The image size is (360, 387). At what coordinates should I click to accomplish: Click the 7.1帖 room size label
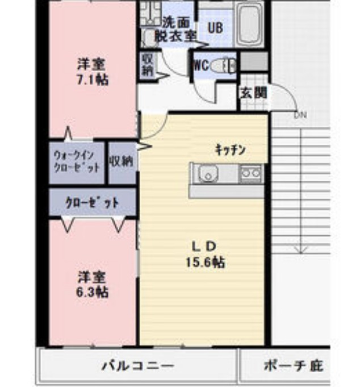click(92, 79)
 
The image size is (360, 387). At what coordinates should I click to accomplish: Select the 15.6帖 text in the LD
click(204, 263)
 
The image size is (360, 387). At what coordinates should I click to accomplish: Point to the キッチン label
click(230, 149)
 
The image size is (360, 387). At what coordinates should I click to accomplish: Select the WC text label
click(200, 65)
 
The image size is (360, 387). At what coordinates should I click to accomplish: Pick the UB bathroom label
click(215, 27)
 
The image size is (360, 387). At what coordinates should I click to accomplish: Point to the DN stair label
click(299, 115)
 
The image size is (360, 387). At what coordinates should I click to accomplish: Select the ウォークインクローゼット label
click(77, 161)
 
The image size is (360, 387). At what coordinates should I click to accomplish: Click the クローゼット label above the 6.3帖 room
click(93, 202)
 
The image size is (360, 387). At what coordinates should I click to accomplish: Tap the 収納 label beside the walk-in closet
click(122, 161)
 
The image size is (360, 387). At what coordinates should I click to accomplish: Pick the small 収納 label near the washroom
click(147, 65)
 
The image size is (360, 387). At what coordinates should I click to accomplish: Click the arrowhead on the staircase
click(301, 250)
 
